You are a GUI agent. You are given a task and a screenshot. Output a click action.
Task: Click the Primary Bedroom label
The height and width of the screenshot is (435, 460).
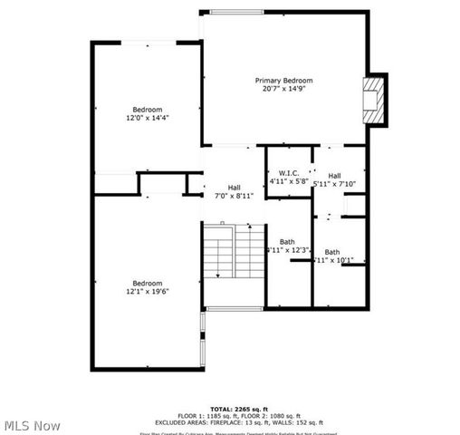click(x=283, y=80)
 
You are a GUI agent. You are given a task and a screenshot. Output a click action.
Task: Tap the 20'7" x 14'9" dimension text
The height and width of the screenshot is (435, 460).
click(x=283, y=89)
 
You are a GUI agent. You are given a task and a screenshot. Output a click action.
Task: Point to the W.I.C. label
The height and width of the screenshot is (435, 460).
click(x=289, y=173)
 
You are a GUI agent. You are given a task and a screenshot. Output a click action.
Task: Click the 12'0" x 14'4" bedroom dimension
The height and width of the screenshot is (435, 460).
click(x=148, y=118)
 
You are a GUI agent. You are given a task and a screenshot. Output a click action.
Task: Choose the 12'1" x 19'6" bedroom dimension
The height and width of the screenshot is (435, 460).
click(x=148, y=292)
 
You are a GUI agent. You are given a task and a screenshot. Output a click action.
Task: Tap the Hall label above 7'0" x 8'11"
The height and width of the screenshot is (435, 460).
click(x=234, y=188)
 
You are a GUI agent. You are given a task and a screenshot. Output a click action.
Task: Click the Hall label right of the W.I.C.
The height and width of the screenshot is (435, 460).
click(x=334, y=175)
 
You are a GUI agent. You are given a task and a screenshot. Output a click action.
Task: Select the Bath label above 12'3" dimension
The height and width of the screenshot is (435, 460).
click(x=287, y=241)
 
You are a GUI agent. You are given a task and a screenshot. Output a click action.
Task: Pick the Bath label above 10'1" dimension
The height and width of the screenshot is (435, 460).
click(x=332, y=252)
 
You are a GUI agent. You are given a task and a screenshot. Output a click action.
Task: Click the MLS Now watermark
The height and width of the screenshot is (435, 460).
click(x=33, y=425)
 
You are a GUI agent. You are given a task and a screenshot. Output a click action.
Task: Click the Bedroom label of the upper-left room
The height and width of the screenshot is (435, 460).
click(x=148, y=109)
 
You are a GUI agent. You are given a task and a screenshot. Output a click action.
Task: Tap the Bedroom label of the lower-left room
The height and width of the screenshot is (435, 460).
click(x=148, y=283)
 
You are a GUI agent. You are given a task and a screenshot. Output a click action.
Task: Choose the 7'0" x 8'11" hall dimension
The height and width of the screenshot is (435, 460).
click(x=234, y=196)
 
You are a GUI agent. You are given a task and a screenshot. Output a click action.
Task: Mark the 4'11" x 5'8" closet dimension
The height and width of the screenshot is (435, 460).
click(x=289, y=182)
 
